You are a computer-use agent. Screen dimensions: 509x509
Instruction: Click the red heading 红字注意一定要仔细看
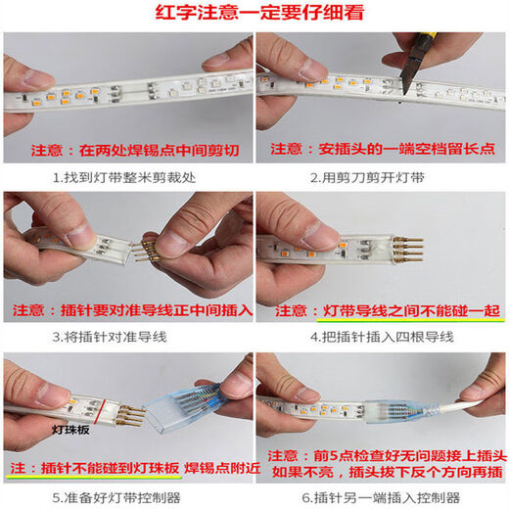254,14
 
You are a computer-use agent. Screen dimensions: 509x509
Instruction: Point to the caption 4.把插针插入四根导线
381,337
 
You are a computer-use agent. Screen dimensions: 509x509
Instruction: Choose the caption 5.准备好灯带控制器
127,495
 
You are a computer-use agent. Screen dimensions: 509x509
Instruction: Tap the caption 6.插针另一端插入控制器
381,495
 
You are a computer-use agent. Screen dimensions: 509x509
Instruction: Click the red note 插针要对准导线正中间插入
156,310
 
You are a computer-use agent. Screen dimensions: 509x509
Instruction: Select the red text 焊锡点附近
224,469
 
